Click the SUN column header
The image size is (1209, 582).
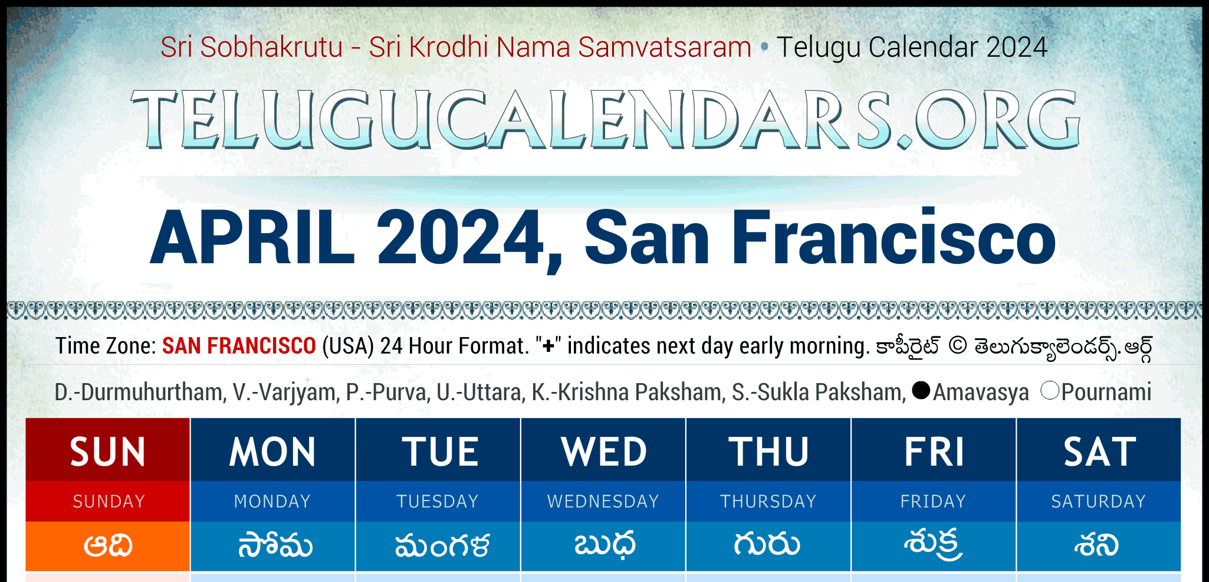pyautogui.click(x=108, y=452)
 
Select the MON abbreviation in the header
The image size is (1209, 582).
pyautogui.click(x=272, y=452)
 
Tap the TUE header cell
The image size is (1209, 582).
pyautogui.click(x=440, y=452)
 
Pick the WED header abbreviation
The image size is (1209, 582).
pyautogui.click(x=604, y=452)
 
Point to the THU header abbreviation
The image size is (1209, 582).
pyautogui.click(x=768, y=452)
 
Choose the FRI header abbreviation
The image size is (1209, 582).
pyautogui.click(x=934, y=452)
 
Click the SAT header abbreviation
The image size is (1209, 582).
pyautogui.click(x=1099, y=452)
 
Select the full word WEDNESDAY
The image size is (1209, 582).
pyautogui.click(x=603, y=501)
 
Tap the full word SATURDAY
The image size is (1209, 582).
pyautogui.click(x=1099, y=501)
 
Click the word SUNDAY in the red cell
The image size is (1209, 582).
pyautogui.click(x=109, y=501)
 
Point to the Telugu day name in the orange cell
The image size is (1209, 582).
pyautogui.click(x=108, y=545)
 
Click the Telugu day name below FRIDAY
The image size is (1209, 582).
pyautogui.click(x=933, y=544)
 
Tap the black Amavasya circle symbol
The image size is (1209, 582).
pyautogui.click(x=921, y=390)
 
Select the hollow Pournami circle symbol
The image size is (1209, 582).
pyautogui.click(x=1050, y=390)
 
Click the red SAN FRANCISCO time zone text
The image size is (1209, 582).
pyautogui.click(x=239, y=346)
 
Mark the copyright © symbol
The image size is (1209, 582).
pyautogui.click(x=958, y=346)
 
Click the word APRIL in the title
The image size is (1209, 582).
pyautogui.click(x=252, y=238)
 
